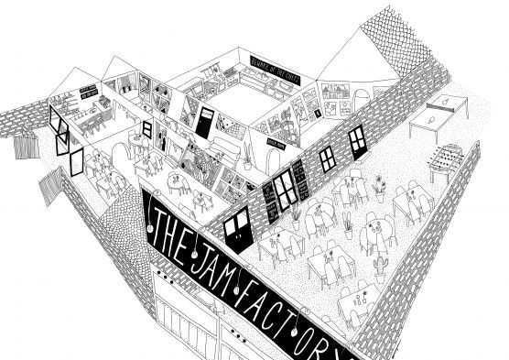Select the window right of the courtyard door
[x=285, y=186]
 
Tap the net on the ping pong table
[x=439, y=112]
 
